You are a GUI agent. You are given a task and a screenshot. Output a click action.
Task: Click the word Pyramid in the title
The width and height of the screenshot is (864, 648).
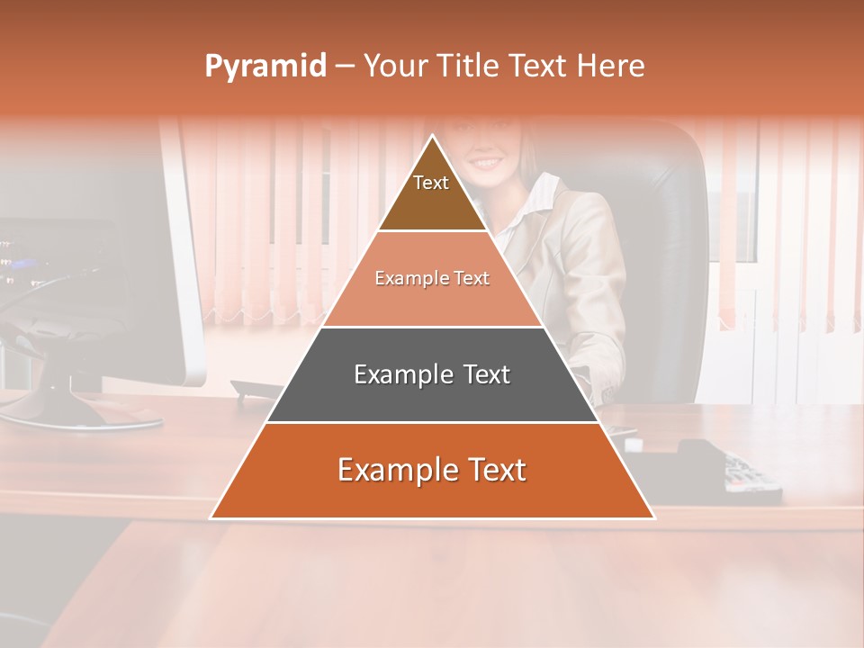pos(265,67)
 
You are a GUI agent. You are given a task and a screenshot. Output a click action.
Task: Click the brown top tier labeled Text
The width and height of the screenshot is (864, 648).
pos(431,193)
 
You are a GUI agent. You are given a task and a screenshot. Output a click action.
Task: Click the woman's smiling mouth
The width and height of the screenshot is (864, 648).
pos(487,163)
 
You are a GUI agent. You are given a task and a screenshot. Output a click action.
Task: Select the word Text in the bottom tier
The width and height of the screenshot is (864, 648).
pos(490,470)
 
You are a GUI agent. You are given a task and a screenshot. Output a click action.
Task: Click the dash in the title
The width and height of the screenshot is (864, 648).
pos(345,67)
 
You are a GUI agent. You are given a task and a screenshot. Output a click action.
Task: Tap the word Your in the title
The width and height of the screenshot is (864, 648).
pos(397,67)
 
